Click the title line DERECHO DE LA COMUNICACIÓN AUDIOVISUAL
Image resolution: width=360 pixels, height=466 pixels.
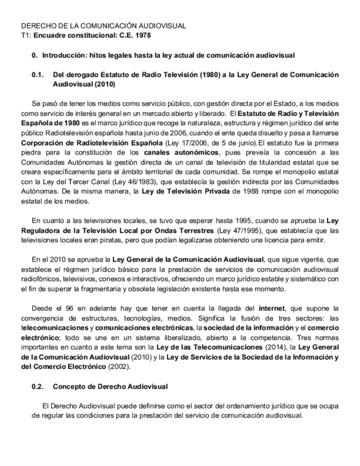coord(103,26)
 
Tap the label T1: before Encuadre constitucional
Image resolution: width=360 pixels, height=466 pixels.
coord(26,35)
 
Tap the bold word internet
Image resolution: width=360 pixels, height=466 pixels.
coord(272,309)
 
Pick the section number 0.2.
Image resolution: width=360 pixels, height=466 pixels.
coord(38,386)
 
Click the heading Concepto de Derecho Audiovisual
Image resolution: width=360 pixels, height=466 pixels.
coord(110,386)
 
